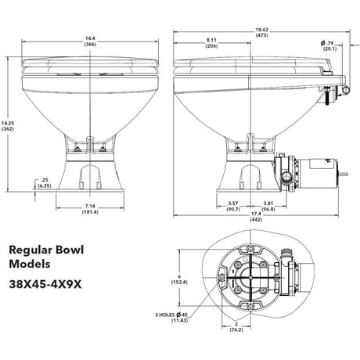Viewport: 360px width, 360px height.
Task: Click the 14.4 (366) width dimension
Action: pyautogui.click(x=90, y=41)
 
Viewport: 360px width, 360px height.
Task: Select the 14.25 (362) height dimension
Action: pyautogui.click(x=8, y=126)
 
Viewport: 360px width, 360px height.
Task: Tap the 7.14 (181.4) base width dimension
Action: pyautogui.click(x=90, y=209)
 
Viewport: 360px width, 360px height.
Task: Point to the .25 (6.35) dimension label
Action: pyautogui.click(x=45, y=183)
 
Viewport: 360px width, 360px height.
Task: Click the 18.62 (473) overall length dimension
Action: pyautogui.click(x=261, y=33)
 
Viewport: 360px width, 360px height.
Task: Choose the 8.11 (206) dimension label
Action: pyautogui.click(x=211, y=43)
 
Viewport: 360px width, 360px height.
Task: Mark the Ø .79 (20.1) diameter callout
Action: pyautogui.click(x=329, y=46)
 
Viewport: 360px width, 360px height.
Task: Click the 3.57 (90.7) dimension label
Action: pyautogui.click(x=233, y=206)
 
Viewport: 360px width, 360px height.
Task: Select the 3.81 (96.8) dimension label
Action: pyautogui.click(x=268, y=206)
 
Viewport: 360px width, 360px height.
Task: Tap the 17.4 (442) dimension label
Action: pyautogui.click(x=256, y=217)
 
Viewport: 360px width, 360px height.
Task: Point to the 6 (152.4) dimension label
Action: pyautogui.click(x=179, y=279)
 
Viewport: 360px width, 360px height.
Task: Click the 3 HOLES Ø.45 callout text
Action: pyautogui.click(x=171, y=315)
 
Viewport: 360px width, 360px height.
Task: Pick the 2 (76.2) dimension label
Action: pyautogui.click(x=236, y=327)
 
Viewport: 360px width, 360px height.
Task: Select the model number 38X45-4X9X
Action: pyautogui.click(x=45, y=284)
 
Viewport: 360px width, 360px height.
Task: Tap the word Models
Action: pyautogui.click(x=30, y=264)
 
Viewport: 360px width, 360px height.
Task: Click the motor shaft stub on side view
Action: pyautogui.click(x=344, y=174)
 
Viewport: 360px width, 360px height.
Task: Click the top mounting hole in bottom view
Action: pyautogui.click(x=250, y=249)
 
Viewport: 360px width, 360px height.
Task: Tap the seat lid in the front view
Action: pyautogui.click(x=90, y=62)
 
